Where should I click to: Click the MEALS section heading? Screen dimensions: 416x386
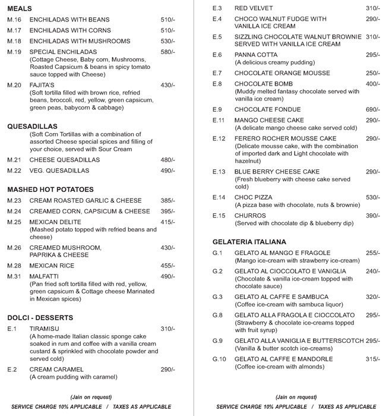[20, 9]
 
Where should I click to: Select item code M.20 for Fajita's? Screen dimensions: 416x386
[14, 85]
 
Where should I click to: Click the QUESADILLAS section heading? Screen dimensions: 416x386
[32, 127]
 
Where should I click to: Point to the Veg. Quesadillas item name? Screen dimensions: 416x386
[59, 171]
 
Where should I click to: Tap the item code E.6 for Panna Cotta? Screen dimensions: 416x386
[217, 55]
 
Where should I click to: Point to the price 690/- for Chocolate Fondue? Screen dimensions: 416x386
[372, 109]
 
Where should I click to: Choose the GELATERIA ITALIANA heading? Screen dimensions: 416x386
[249, 242]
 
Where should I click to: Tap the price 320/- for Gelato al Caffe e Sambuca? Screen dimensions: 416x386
[372, 297]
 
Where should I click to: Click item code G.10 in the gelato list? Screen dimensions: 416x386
[219, 359]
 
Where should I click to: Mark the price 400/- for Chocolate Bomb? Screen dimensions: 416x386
[372, 84]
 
